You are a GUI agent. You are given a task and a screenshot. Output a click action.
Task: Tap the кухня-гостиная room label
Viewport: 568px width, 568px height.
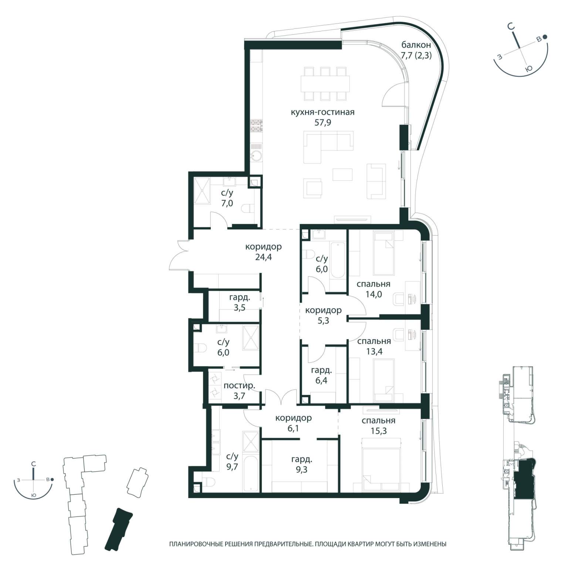point(323,112)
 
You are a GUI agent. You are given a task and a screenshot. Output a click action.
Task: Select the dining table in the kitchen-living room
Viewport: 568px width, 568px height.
point(325,84)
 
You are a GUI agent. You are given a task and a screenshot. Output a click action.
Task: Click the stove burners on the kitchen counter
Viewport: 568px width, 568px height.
point(256,126)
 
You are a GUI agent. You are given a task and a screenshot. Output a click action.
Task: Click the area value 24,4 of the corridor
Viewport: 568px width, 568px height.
point(263,257)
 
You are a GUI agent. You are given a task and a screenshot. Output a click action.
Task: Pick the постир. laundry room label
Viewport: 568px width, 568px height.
point(239,386)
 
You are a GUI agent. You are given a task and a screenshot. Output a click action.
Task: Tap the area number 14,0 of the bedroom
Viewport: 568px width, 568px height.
point(373,294)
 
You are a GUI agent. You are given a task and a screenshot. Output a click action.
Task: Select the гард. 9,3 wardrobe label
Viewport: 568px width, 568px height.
point(302,465)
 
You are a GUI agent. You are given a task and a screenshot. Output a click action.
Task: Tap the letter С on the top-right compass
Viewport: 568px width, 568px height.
point(511,27)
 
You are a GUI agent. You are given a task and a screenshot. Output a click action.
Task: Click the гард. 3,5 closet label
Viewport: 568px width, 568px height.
point(240,302)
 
